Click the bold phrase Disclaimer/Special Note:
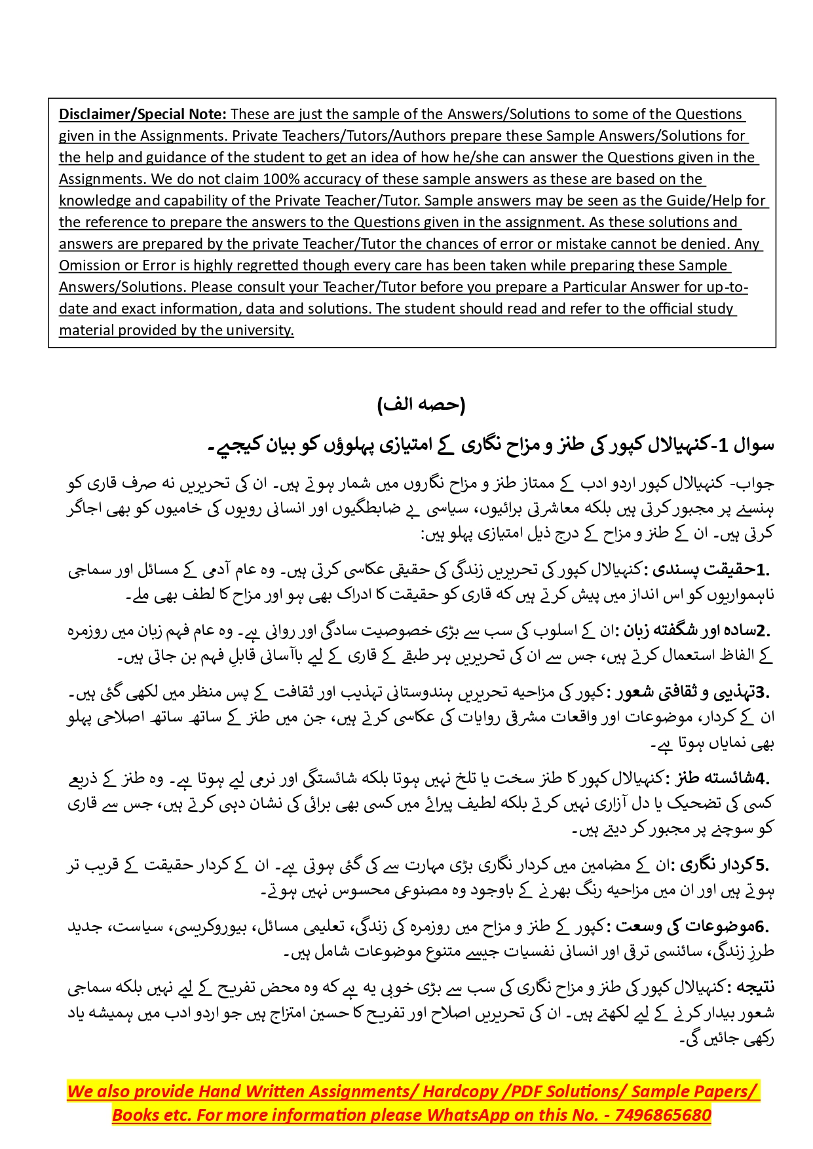[x=143, y=114]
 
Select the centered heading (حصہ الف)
[x=421, y=404]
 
